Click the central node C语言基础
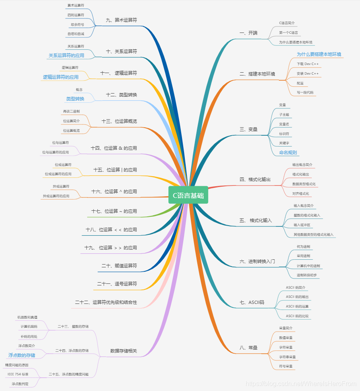(188, 195)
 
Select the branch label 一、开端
(248, 33)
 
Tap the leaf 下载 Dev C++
(307, 64)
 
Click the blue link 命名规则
(288, 153)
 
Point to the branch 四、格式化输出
(255, 179)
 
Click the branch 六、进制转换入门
(257, 261)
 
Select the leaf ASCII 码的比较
(297, 316)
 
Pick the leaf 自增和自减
(76, 34)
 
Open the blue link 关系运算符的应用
(66, 55)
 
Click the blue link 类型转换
(75, 99)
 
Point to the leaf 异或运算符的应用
(56, 196)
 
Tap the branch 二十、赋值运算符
(119, 266)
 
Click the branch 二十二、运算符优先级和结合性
(106, 302)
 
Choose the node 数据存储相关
(123, 351)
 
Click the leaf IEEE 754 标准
(18, 374)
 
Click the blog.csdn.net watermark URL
(301, 384)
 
